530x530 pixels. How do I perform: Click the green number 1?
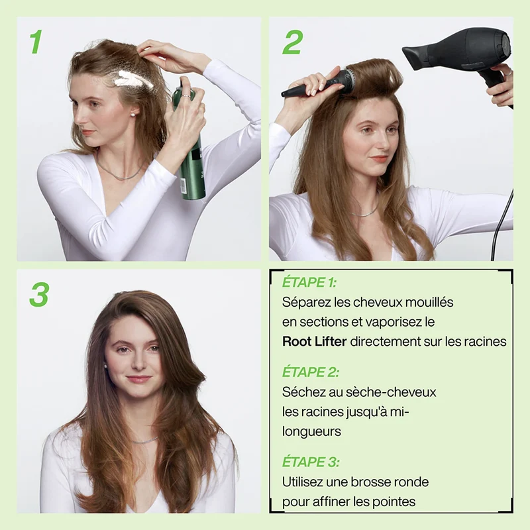(36, 42)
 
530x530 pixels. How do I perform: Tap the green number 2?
(292, 42)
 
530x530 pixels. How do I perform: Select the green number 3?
(39, 294)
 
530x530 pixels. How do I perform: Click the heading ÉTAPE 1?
(309, 282)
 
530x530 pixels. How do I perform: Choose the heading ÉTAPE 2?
(311, 372)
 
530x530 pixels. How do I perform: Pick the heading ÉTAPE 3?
(311, 462)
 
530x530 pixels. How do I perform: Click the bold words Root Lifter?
(314, 341)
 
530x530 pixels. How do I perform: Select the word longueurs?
(311, 432)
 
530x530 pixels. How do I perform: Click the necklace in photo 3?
(144, 441)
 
